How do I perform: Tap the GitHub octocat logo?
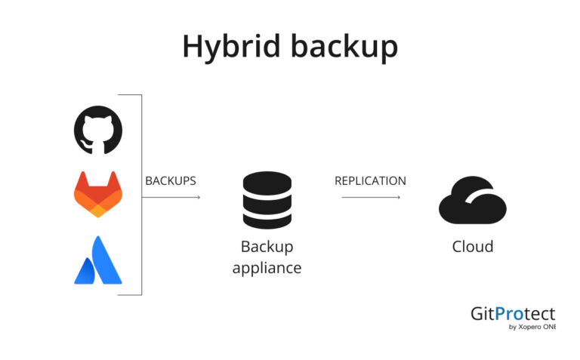(97, 130)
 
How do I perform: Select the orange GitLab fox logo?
(97, 194)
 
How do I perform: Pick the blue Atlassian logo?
(97, 260)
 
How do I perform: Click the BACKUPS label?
(171, 181)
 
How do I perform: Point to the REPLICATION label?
(370, 181)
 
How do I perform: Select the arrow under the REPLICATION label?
(370, 197)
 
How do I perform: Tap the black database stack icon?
(266, 200)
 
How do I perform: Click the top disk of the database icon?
(266, 181)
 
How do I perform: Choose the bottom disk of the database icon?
(266, 220)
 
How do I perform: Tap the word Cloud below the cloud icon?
(472, 247)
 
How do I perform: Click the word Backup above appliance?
(266, 247)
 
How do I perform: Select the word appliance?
(267, 268)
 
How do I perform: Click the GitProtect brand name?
(512, 313)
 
